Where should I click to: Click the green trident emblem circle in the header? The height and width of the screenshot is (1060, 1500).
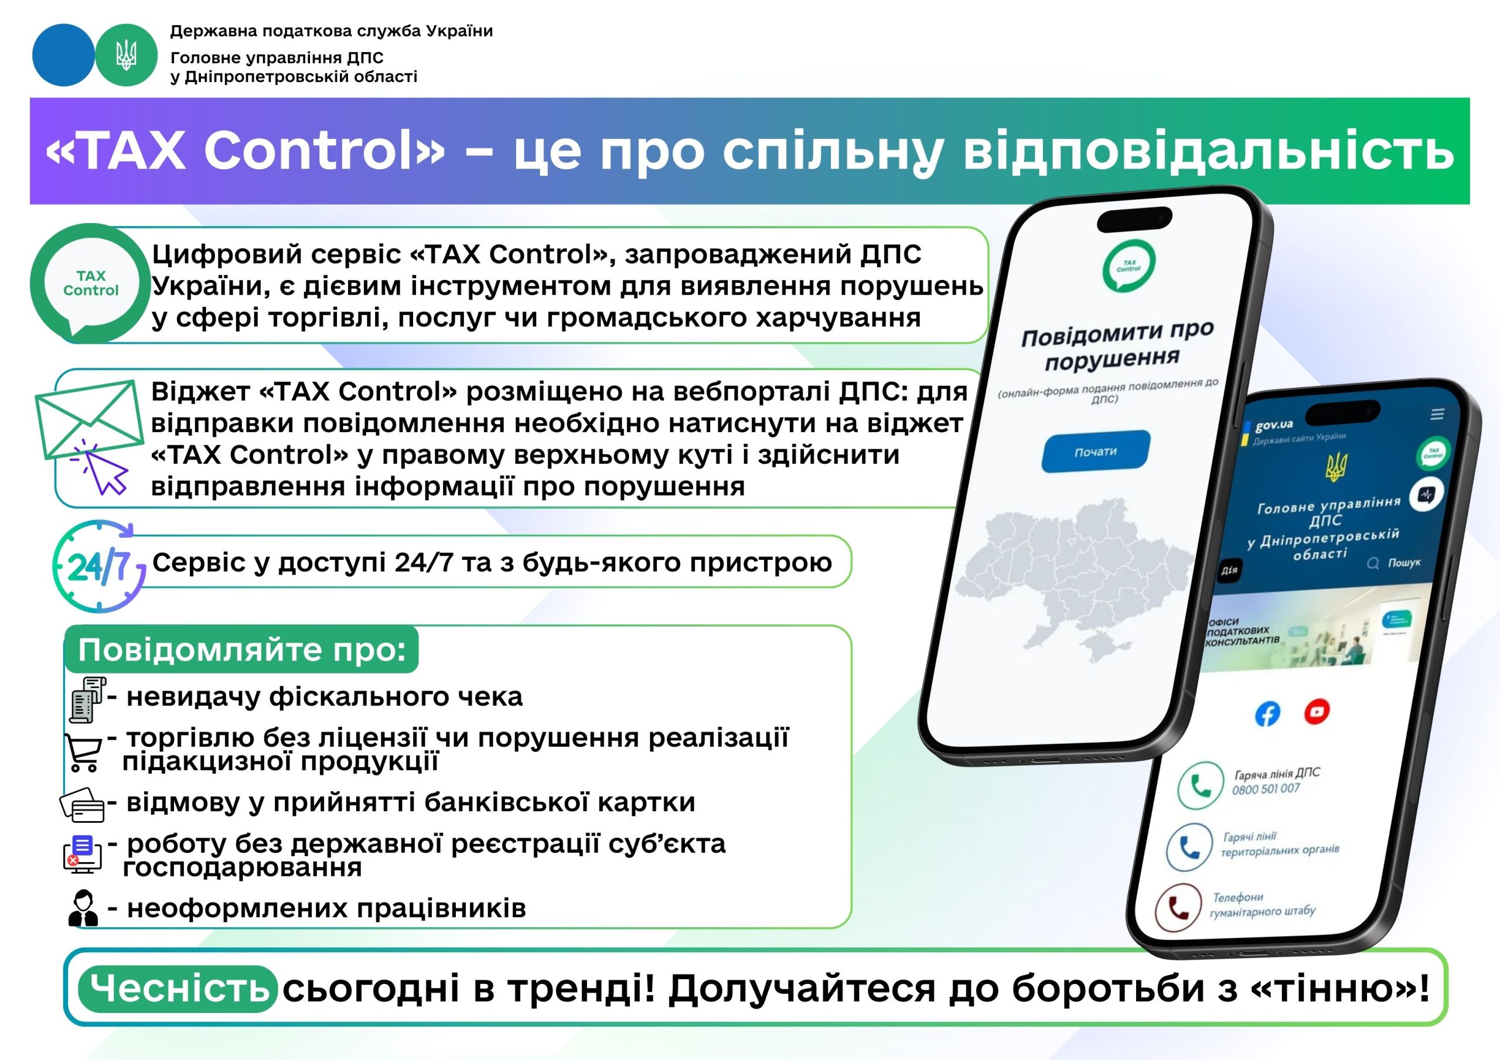click(126, 56)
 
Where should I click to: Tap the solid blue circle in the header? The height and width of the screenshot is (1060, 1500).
click(63, 56)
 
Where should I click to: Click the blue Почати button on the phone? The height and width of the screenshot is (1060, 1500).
click(1096, 452)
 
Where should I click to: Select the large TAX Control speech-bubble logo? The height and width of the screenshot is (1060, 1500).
click(90, 283)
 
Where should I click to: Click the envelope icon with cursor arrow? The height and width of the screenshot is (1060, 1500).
click(89, 434)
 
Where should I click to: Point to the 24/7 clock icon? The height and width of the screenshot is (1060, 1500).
click(98, 566)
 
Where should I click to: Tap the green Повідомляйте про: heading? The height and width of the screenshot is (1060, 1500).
click(242, 650)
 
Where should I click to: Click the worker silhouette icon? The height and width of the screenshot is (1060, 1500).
click(83, 908)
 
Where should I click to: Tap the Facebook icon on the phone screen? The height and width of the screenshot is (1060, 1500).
click(1267, 714)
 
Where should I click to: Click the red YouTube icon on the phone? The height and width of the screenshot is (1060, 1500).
click(1317, 711)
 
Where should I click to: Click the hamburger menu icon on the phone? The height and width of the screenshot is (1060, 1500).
click(1437, 415)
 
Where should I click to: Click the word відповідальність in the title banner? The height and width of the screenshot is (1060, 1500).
click(1209, 151)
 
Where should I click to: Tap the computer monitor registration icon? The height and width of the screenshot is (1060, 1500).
click(81, 855)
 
